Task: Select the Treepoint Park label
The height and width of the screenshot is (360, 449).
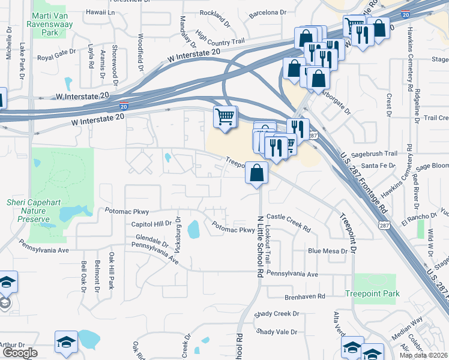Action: pos(372,293)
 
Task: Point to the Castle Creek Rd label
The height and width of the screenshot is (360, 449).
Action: pos(289,223)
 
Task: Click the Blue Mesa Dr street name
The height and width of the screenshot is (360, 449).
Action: pos(328,251)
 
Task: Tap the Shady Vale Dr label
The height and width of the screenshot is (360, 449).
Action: pos(277,332)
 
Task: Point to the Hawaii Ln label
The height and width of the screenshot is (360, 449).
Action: pos(100,12)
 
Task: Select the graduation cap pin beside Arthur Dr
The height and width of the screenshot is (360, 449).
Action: pos(66,341)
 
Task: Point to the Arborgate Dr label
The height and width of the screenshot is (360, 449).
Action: pos(335,102)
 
